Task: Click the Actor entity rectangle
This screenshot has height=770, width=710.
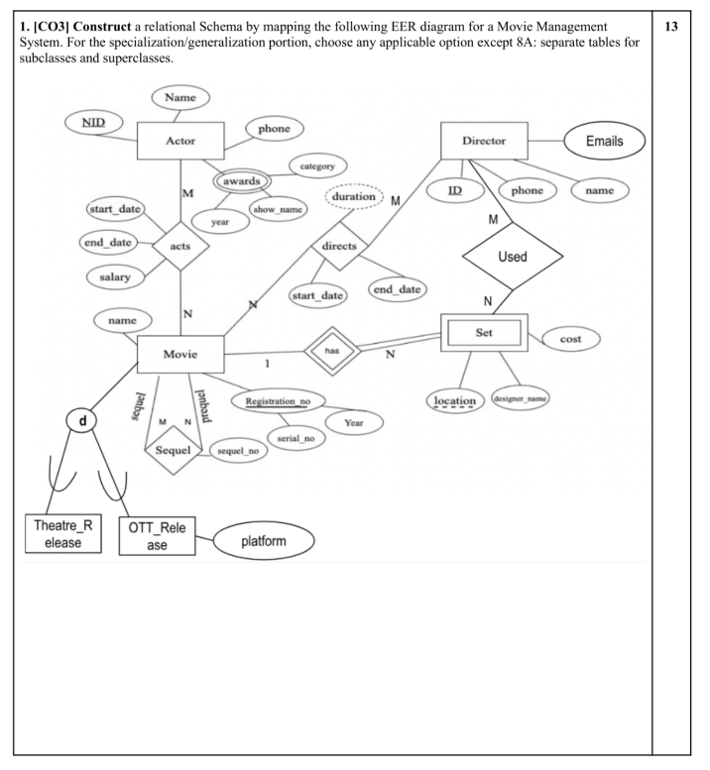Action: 180,141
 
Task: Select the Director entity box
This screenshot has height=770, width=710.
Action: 484,142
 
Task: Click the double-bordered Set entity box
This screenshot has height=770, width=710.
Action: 483,334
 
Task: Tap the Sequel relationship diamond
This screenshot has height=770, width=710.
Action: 174,450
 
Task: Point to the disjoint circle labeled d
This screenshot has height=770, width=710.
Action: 82,421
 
